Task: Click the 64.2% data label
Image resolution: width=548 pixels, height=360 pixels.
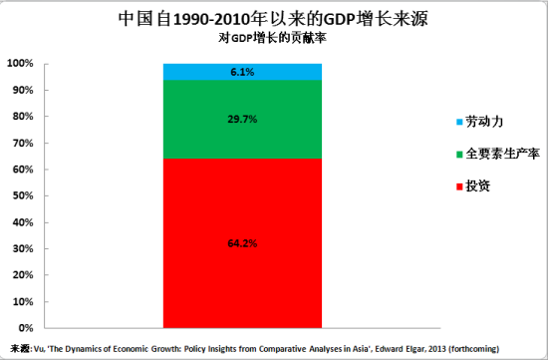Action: click(243, 242)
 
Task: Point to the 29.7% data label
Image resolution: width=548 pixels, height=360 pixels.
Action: click(243, 119)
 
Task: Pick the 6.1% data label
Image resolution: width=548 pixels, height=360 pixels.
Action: click(243, 72)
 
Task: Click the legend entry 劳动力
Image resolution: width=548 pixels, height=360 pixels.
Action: click(484, 122)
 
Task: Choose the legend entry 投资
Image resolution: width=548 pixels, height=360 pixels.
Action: click(478, 186)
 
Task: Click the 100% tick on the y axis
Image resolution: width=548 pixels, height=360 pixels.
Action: click(21, 64)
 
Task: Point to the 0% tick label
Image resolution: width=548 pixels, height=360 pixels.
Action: click(27, 328)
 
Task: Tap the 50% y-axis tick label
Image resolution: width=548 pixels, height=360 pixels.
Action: click(24, 195)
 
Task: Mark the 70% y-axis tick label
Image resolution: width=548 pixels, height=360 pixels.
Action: click(24, 143)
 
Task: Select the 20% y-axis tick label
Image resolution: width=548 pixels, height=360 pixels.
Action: click(24, 275)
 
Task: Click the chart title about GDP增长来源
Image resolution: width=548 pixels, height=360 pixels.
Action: click(273, 19)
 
